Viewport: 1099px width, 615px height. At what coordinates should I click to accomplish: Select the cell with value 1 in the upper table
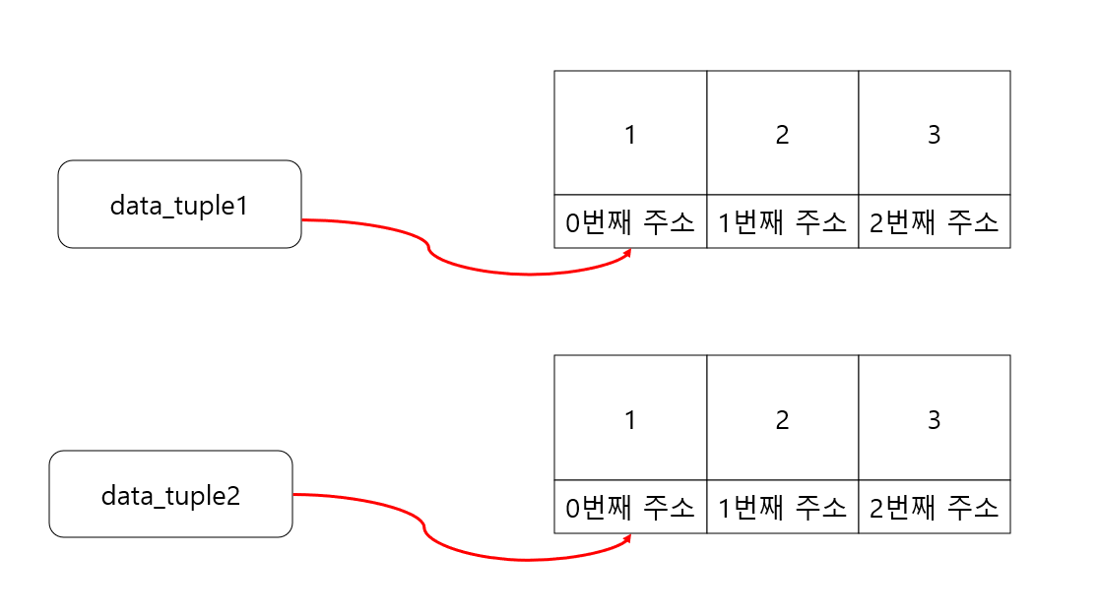click(x=630, y=134)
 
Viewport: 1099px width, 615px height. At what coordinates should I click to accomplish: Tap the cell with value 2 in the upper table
click(x=782, y=134)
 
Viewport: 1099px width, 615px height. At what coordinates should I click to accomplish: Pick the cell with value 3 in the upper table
click(x=934, y=134)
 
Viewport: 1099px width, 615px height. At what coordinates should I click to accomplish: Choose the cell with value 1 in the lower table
click(x=630, y=419)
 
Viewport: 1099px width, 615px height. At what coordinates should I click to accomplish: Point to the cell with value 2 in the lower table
click(x=782, y=419)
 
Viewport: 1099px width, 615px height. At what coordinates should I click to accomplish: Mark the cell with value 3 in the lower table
click(x=934, y=419)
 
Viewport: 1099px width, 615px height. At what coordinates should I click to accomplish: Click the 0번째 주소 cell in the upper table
click(x=630, y=222)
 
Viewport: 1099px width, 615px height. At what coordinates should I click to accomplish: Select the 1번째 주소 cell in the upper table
click(x=782, y=222)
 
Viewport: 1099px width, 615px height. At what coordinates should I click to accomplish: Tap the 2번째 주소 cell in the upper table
click(x=934, y=222)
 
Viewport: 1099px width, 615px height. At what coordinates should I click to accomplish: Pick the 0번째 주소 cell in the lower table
click(x=630, y=508)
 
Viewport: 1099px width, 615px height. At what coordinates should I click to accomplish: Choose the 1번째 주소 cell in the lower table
click(x=782, y=508)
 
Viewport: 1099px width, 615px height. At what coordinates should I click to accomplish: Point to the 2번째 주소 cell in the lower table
click(x=934, y=508)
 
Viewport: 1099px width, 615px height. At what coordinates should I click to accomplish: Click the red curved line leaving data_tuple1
click(x=429, y=250)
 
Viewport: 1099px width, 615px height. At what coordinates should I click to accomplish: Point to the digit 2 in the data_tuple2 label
click(x=233, y=495)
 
